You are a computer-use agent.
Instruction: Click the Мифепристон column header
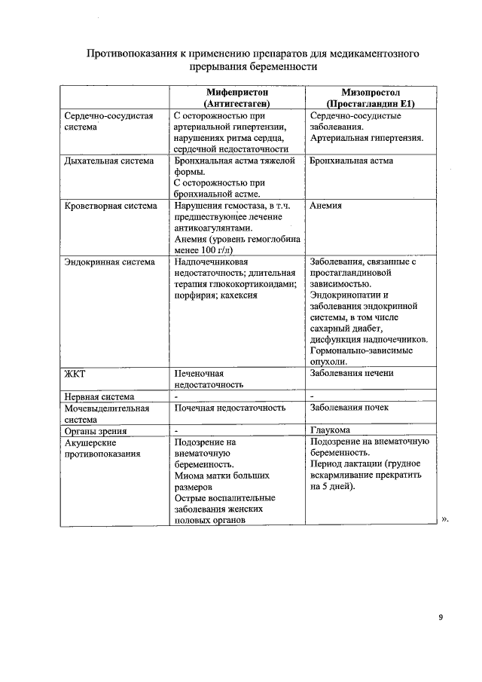(x=236, y=96)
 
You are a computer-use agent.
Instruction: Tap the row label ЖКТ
(x=76, y=373)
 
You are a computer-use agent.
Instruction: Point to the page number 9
(x=441, y=618)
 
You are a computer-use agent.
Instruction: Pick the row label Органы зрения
(x=95, y=431)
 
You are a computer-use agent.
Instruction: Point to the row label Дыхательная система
(x=109, y=161)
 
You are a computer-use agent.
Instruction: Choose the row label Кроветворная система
(x=111, y=205)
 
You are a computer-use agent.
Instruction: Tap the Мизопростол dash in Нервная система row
(x=312, y=396)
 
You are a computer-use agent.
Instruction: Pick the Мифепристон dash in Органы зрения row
(x=175, y=431)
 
